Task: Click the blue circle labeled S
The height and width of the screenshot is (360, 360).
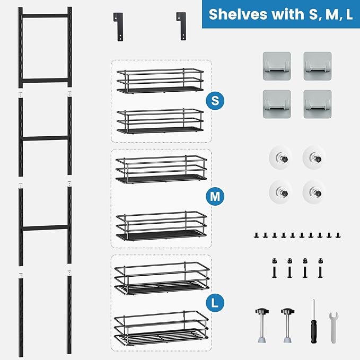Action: [x=214, y=101]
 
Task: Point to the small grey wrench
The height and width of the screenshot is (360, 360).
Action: [x=333, y=327]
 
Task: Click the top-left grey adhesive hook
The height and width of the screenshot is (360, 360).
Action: [x=276, y=65]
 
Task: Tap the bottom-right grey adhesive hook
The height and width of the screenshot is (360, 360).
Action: [x=317, y=103]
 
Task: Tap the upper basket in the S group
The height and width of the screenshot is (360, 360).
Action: [x=160, y=80]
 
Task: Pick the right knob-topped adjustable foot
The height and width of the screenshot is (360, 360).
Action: [x=288, y=325]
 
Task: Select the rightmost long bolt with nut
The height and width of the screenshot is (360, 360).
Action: [x=321, y=268]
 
